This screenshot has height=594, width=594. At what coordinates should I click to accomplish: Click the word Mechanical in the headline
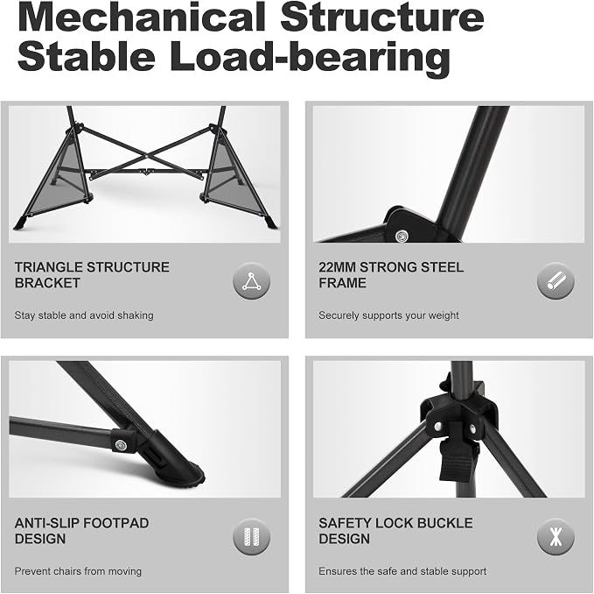[x=141, y=18]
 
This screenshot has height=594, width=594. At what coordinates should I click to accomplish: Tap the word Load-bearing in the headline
[x=310, y=57]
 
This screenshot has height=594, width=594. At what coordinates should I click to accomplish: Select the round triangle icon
[x=252, y=282]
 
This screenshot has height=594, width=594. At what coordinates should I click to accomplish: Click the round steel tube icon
[x=556, y=282]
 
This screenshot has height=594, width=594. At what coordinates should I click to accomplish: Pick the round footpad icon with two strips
[x=252, y=537]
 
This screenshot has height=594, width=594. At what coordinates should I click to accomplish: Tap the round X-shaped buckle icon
[x=556, y=537]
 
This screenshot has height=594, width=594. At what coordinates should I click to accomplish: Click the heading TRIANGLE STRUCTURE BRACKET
[x=92, y=275]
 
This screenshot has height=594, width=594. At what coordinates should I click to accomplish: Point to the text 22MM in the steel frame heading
[x=337, y=267]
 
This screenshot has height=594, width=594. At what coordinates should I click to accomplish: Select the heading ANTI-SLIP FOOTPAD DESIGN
[x=81, y=531]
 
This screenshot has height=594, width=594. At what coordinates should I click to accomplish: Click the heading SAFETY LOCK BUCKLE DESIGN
[x=395, y=531]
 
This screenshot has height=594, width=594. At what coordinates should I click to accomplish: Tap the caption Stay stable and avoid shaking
[x=84, y=315]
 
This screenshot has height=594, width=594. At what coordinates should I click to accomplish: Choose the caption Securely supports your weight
[x=388, y=315]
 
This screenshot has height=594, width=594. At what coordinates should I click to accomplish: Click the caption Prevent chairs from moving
[x=78, y=571]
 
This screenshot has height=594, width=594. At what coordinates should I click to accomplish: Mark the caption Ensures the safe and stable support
[x=402, y=571]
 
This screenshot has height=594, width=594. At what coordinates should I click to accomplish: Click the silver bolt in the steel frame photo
[x=402, y=236]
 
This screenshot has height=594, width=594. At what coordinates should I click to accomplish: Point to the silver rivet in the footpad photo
[x=122, y=444]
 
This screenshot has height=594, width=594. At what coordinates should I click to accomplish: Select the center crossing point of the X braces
[x=146, y=155]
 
